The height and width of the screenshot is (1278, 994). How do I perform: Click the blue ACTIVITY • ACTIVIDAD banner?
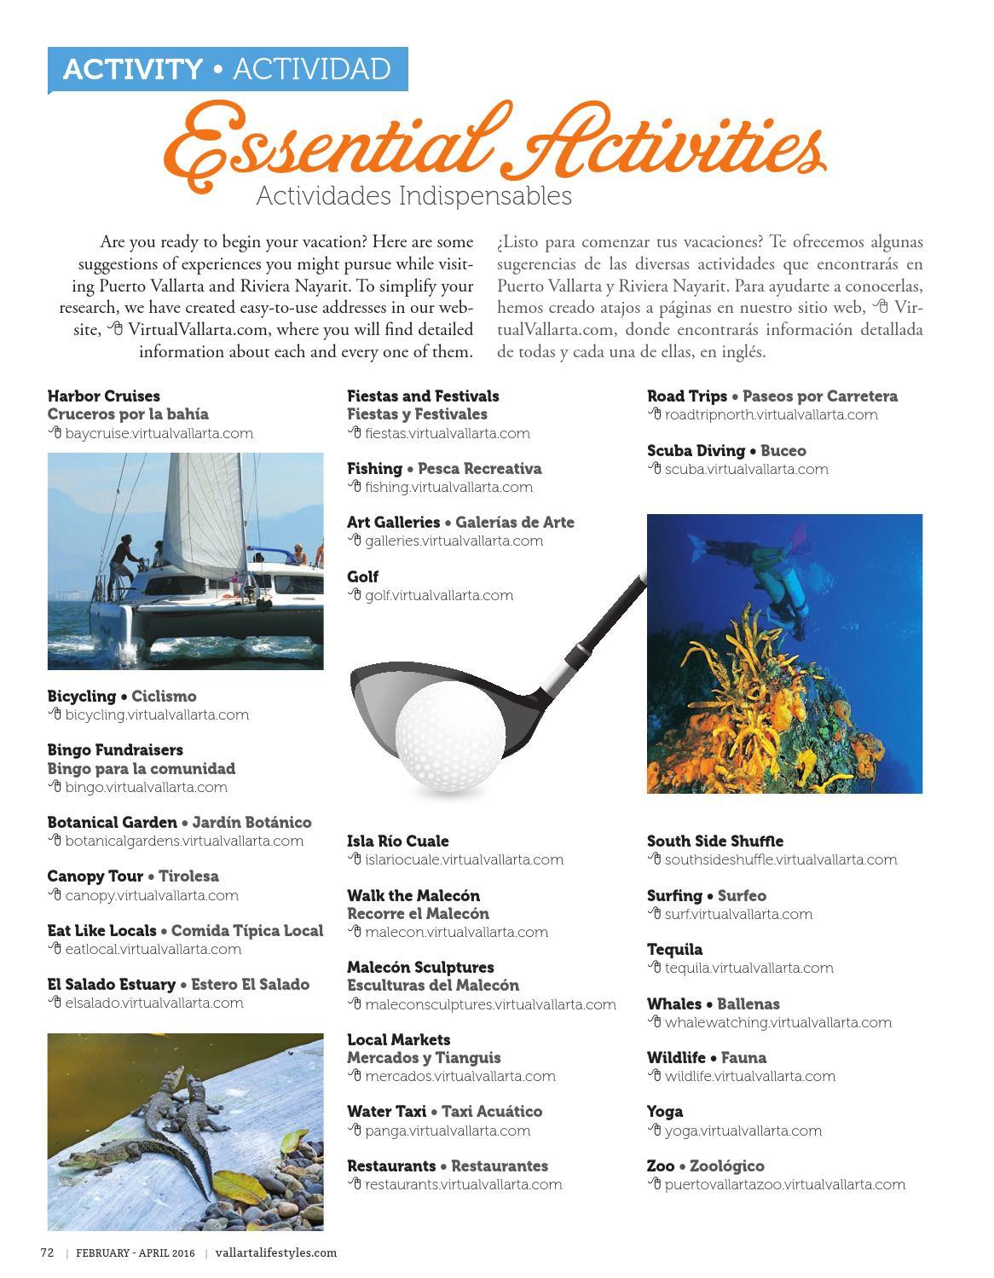pos(227,68)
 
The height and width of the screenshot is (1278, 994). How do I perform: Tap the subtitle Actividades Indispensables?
pos(413,196)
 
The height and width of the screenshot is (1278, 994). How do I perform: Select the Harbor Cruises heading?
pos(103,396)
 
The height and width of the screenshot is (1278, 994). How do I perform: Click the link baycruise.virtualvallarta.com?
pos(159,433)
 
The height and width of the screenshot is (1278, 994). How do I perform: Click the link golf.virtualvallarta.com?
pos(438,595)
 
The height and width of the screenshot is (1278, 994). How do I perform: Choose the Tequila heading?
pos(674,949)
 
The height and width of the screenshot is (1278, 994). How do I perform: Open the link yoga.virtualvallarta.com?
pos(743,1131)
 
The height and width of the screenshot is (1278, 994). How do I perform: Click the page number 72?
pos(48,1252)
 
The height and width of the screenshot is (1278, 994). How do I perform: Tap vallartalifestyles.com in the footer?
pos(276,1252)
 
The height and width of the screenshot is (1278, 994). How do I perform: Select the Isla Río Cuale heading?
pos(397,841)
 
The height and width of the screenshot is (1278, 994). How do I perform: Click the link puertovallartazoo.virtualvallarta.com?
pos(784,1184)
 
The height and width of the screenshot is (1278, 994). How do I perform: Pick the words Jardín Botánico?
pos(251,822)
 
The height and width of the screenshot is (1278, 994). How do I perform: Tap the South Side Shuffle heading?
pos(714,841)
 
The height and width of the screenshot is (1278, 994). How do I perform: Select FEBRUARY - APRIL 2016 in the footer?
pos(135,1252)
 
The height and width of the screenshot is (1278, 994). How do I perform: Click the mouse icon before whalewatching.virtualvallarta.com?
pos(654,1021)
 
